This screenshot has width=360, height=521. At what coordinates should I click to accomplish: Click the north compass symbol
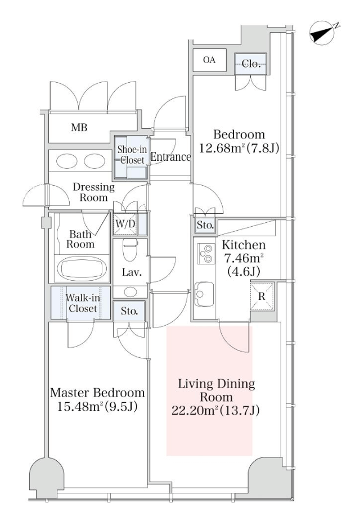pyautogui.click(x=322, y=34)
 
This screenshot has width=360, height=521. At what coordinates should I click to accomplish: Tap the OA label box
pyautogui.click(x=210, y=60)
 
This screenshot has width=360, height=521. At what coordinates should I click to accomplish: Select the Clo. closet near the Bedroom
pyautogui.click(x=251, y=64)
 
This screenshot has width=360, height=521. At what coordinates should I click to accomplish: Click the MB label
pyautogui.click(x=79, y=127)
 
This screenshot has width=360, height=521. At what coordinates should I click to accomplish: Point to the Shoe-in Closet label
pyautogui.click(x=132, y=155)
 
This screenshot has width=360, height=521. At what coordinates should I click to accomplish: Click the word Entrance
pyautogui.click(x=170, y=157)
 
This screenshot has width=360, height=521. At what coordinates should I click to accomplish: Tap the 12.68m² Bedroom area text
pyautogui.click(x=239, y=148)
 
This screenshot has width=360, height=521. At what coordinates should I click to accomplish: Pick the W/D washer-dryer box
pyautogui.click(x=125, y=224)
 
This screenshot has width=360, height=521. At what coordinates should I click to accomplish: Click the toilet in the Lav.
pyautogui.click(x=130, y=250)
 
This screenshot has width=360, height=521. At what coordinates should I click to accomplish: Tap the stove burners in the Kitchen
pyautogui.click(x=205, y=253)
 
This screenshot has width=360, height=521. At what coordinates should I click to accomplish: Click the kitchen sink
pyautogui.click(x=204, y=294)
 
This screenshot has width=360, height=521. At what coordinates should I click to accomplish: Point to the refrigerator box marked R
pyautogui.click(x=262, y=297)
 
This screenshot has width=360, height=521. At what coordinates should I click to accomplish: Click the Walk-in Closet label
pyautogui.click(x=83, y=303)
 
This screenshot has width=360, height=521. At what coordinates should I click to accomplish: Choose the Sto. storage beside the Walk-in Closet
pyautogui.click(x=129, y=311)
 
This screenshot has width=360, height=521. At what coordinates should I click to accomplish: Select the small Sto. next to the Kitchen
pyautogui.click(x=205, y=225)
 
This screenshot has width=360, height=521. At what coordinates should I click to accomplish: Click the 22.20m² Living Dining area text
pyautogui.click(x=215, y=411)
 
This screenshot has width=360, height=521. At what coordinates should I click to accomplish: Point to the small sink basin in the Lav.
pyautogui.click(x=130, y=292)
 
